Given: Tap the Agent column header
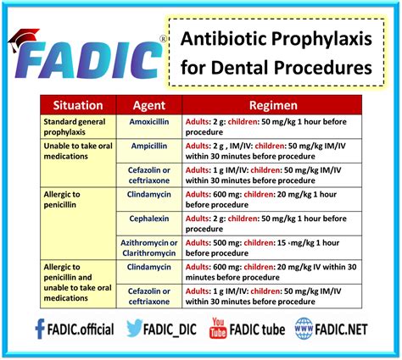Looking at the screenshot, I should pos(149,106).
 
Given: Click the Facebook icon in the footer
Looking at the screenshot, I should pos(40,328).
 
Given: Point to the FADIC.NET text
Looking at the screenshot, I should pos(349,329).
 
